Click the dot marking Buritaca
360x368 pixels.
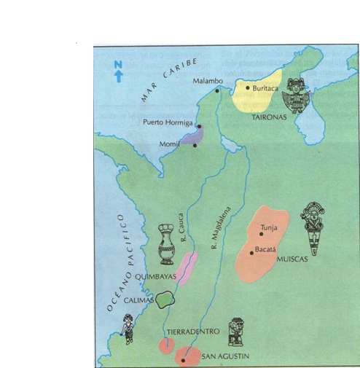248,87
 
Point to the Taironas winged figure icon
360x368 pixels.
297,96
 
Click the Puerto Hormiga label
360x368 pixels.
168,123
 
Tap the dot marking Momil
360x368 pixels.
195,146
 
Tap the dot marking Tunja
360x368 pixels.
261,235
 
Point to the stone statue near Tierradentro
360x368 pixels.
235,332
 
